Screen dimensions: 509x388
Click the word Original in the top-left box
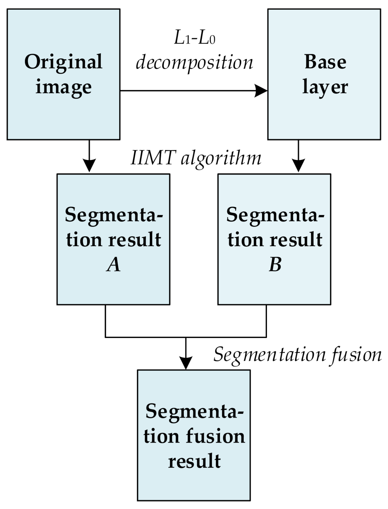click(x=63, y=62)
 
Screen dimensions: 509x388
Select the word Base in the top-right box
click(x=325, y=62)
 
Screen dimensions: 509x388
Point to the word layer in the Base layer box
click(x=325, y=87)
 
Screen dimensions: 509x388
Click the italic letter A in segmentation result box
click(x=113, y=265)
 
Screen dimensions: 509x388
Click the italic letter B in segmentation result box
click(x=275, y=265)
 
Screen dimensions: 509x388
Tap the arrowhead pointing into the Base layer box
click(x=261, y=91)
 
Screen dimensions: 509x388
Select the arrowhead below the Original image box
click(x=89, y=165)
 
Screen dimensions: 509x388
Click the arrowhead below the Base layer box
click(x=298, y=165)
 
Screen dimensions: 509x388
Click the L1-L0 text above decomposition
click(x=195, y=38)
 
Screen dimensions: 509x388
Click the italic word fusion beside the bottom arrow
click(x=356, y=355)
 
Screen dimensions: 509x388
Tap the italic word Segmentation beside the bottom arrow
click(x=269, y=355)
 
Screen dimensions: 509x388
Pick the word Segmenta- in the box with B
click(x=275, y=215)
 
